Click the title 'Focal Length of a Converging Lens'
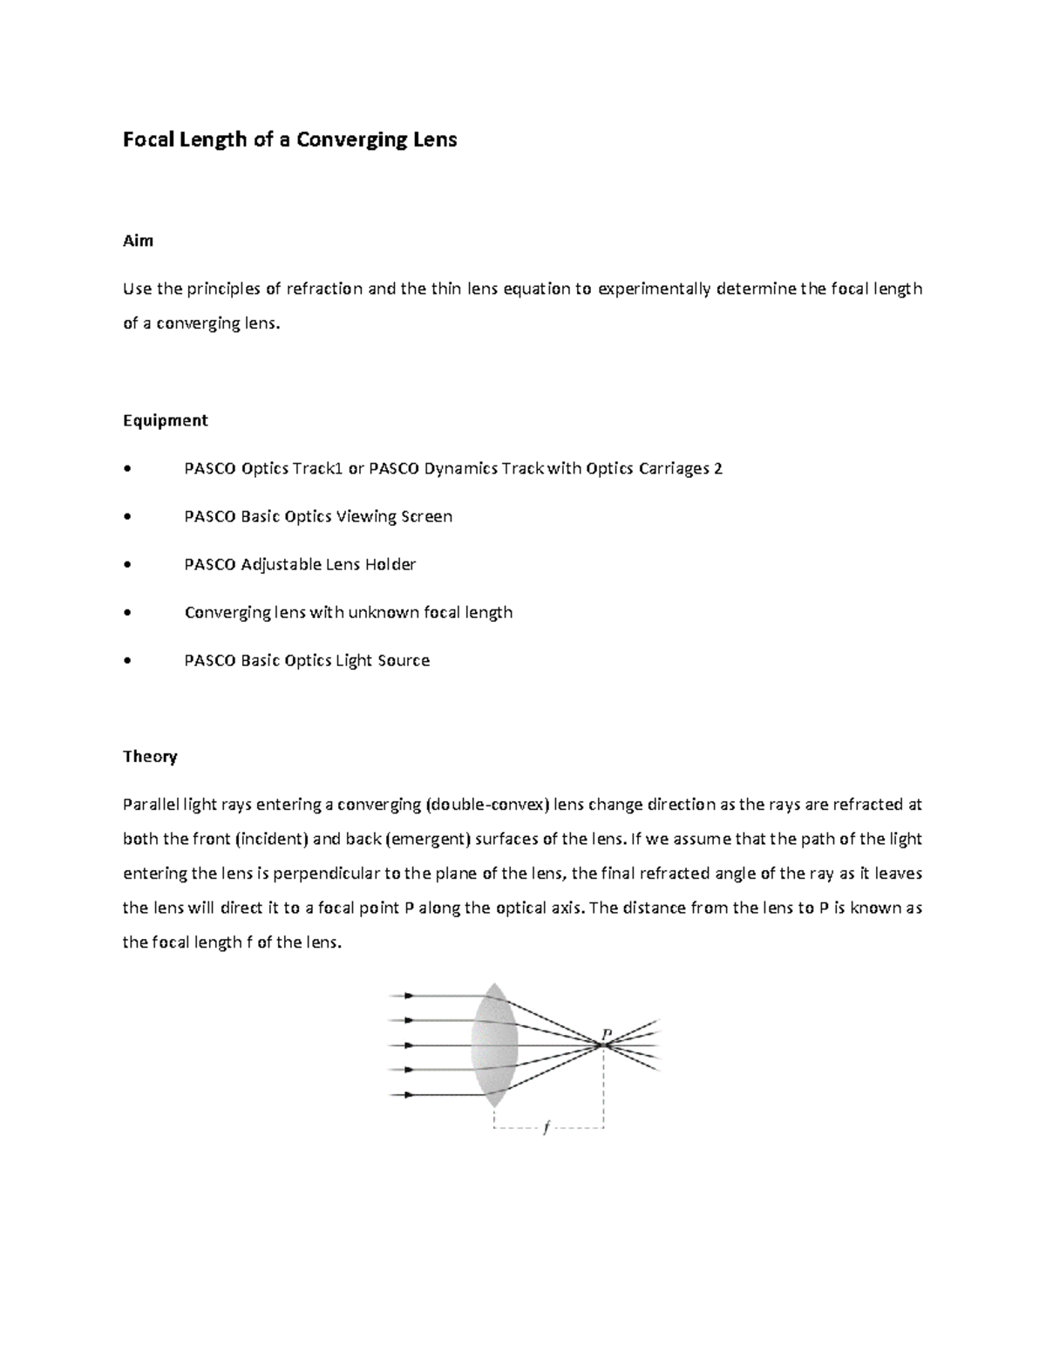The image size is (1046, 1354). (289, 139)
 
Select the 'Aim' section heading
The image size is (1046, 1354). (138, 241)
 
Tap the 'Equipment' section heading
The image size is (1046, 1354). (165, 420)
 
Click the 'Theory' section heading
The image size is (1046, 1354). (150, 756)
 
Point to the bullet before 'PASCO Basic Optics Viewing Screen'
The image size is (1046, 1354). (128, 517)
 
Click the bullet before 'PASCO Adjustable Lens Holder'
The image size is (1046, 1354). (128, 565)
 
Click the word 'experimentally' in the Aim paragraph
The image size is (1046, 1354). (654, 289)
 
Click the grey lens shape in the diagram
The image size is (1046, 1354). (494, 1045)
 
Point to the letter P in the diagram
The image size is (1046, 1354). (607, 1034)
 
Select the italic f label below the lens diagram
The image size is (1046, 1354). (547, 1128)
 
